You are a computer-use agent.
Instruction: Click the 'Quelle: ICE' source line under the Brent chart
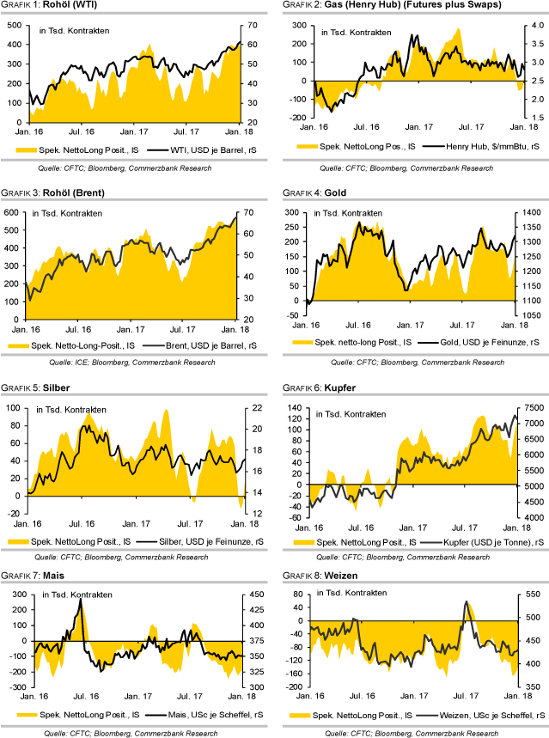(137, 363)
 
